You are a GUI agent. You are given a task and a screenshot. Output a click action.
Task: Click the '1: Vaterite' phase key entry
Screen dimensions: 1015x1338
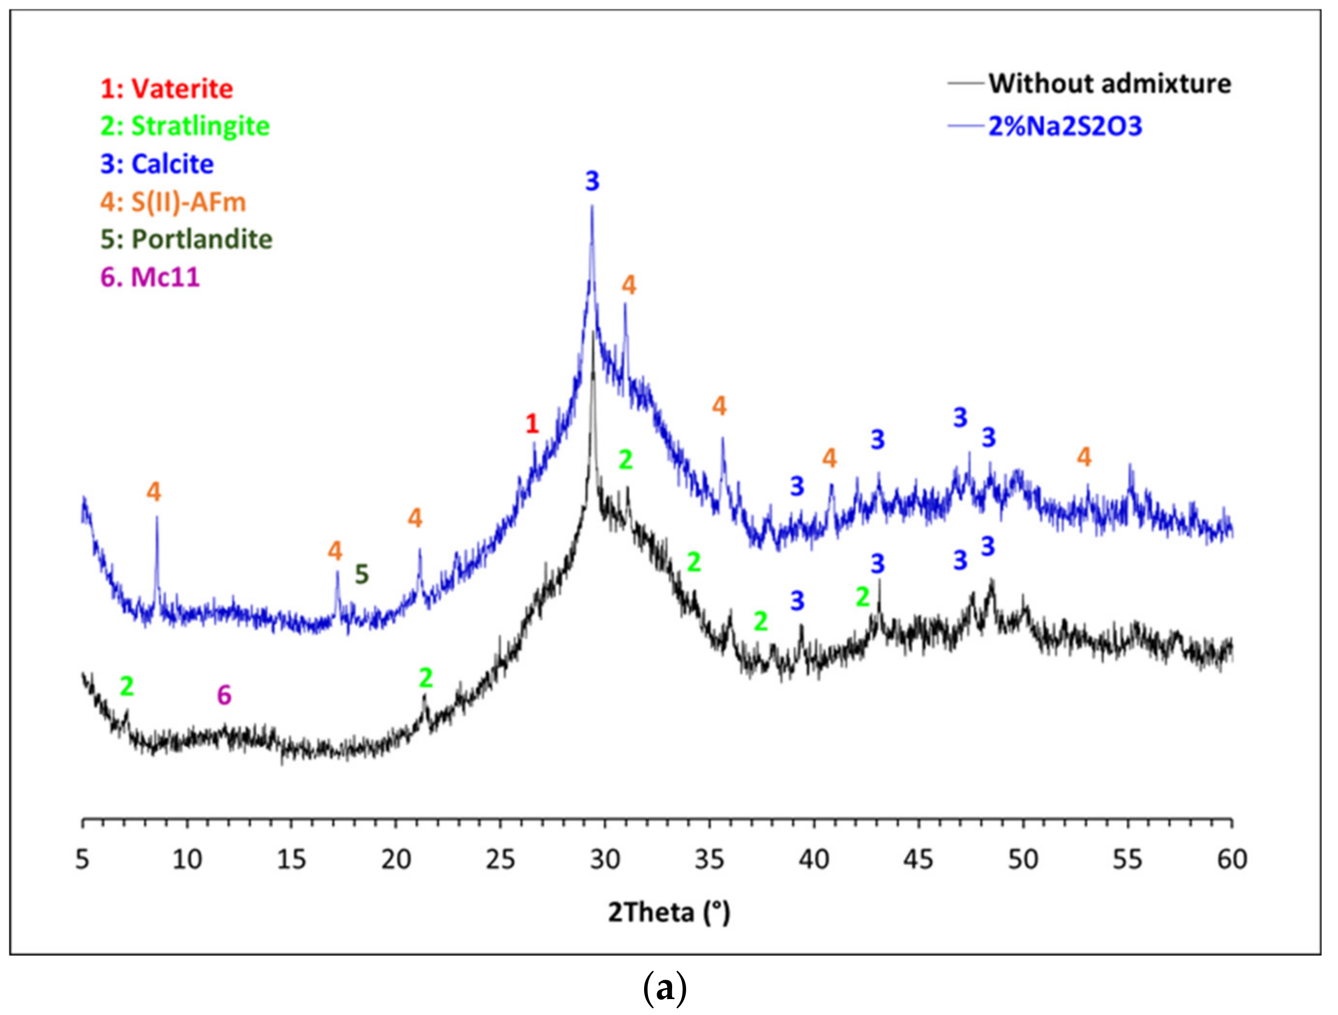coord(167,89)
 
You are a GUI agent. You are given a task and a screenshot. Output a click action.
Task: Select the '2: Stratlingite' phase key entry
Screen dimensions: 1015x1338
coord(185,127)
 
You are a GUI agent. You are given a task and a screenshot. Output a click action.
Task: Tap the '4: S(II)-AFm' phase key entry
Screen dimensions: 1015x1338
coord(173,202)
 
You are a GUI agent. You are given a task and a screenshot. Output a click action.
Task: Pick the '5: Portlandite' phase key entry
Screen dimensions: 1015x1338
coord(187,240)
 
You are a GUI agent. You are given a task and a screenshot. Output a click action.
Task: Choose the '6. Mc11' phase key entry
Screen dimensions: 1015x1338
coord(150,277)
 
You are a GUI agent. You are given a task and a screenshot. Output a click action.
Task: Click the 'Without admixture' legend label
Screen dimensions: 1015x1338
coord(1109,84)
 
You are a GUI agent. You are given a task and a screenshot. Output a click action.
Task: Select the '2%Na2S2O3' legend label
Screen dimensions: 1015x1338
coord(1065,127)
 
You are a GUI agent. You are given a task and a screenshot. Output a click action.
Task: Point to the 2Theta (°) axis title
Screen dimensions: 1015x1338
coord(669,912)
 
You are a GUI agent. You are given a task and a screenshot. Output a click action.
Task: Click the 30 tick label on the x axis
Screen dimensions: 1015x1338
coord(604,859)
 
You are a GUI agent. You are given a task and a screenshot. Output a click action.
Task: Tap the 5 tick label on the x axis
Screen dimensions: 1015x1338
coord(82,859)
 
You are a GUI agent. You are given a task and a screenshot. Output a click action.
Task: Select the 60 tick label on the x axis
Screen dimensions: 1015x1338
coord(1232,859)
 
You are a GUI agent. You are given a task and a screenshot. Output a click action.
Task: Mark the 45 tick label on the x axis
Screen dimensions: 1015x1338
coord(918,859)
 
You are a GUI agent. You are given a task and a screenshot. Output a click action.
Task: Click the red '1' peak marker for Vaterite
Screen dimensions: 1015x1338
coord(532,424)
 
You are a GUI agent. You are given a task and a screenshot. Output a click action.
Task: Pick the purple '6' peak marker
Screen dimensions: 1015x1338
coord(224,696)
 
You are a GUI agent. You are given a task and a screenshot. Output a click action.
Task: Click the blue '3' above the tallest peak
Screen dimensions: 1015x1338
coord(592,181)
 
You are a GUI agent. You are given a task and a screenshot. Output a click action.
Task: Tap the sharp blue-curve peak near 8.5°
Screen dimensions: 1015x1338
coord(157,518)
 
